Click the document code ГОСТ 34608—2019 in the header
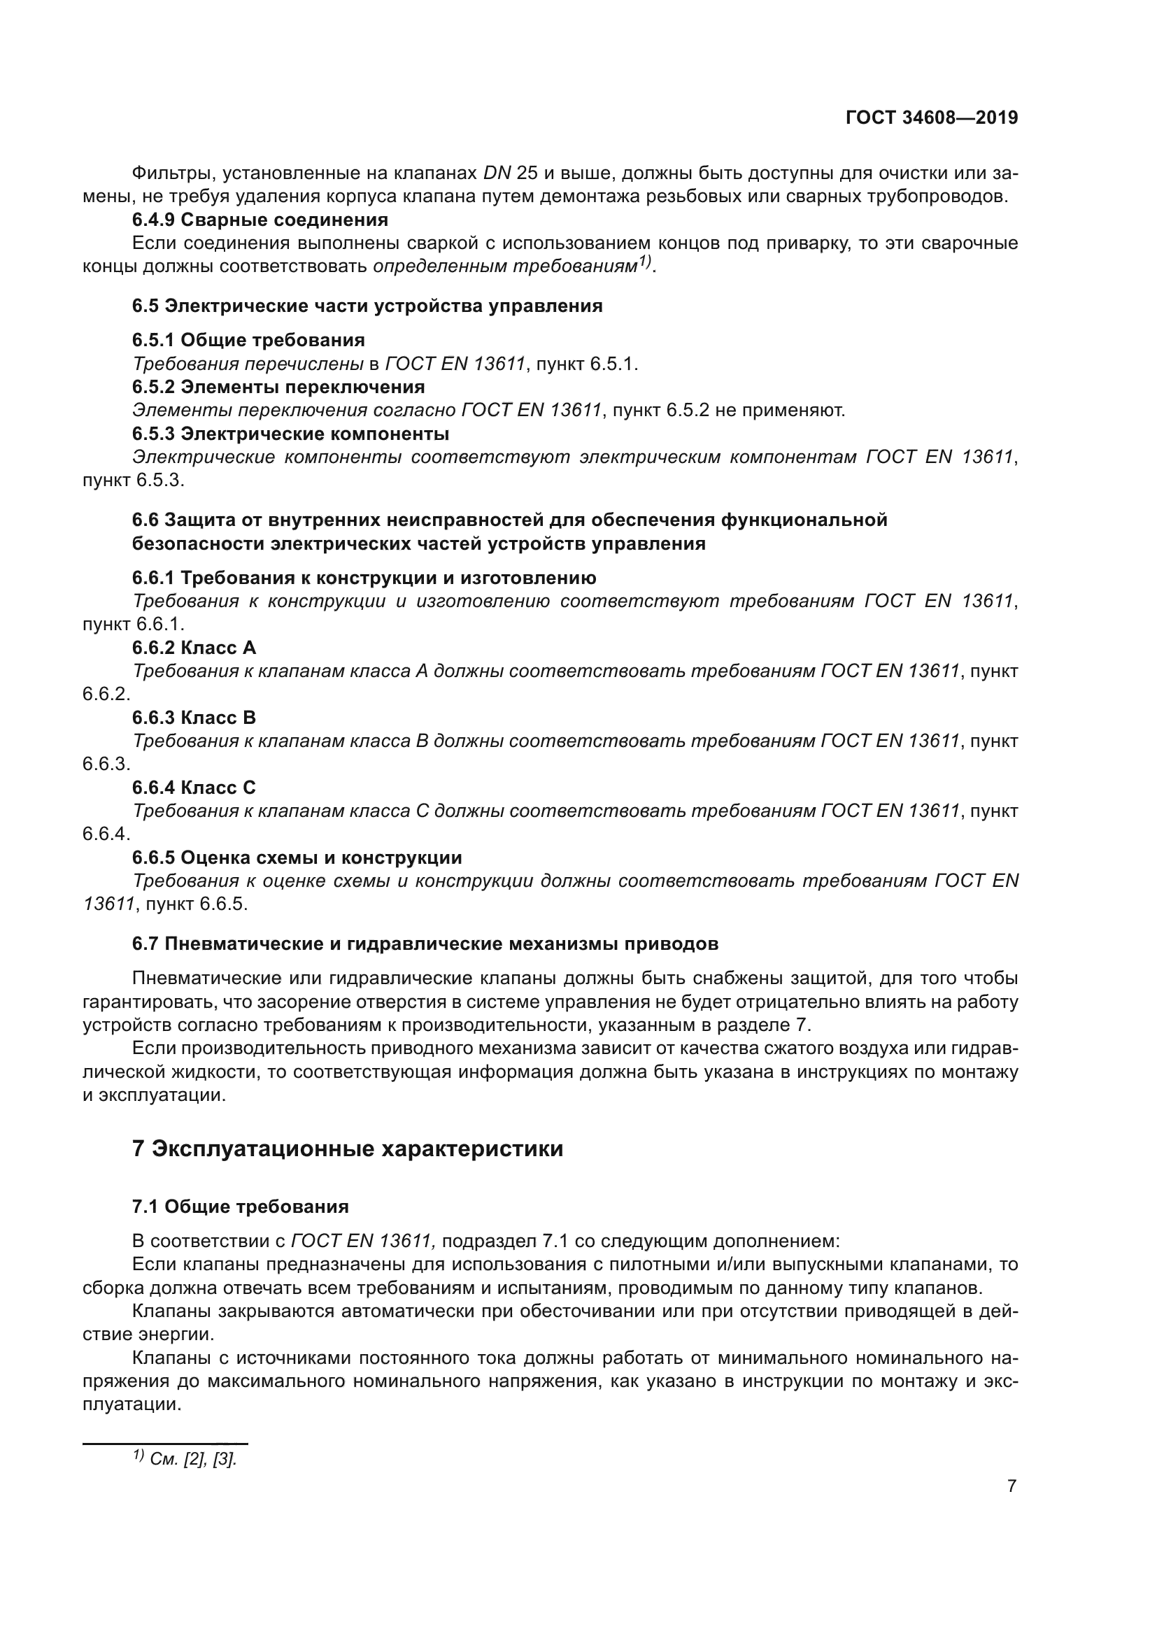(x=931, y=118)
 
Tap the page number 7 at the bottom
(x=1012, y=1486)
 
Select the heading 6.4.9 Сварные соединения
(x=260, y=220)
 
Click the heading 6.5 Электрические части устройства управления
(x=367, y=306)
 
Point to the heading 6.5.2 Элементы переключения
(x=278, y=387)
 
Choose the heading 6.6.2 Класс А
(x=194, y=648)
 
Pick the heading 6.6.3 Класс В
(x=194, y=718)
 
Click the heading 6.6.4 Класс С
(x=194, y=788)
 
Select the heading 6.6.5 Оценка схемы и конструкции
(x=297, y=858)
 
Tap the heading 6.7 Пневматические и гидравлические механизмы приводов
(x=425, y=944)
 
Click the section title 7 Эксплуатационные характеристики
(x=348, y=1149)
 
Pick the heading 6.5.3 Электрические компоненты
(x=290, y=433)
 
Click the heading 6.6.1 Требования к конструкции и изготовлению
(x=364, y=577)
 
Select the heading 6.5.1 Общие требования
(x=248, y=340)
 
